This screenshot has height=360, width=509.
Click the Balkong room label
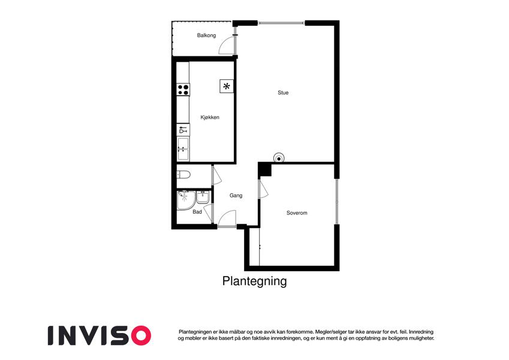[206, 35]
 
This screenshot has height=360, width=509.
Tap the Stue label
[283, 92]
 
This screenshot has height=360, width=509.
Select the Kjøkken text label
[210, 117]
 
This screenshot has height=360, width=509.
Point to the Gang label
[236, 196]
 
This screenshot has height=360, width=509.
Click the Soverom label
[297, 213]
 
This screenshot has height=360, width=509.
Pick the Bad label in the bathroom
[197, 212]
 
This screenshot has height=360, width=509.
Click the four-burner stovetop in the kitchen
[183, 89]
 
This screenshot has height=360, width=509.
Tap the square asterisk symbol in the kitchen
[227, 86]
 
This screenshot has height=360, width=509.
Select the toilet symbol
[183, 175]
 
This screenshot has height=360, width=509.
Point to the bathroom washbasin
[203, 197]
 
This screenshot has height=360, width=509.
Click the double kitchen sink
[183, 149]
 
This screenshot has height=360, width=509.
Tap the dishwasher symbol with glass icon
[183, 130]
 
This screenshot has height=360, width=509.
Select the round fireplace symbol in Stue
[279, 158]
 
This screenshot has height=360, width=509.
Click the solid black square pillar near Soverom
[264, 170]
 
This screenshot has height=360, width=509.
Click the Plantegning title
[254, 281]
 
